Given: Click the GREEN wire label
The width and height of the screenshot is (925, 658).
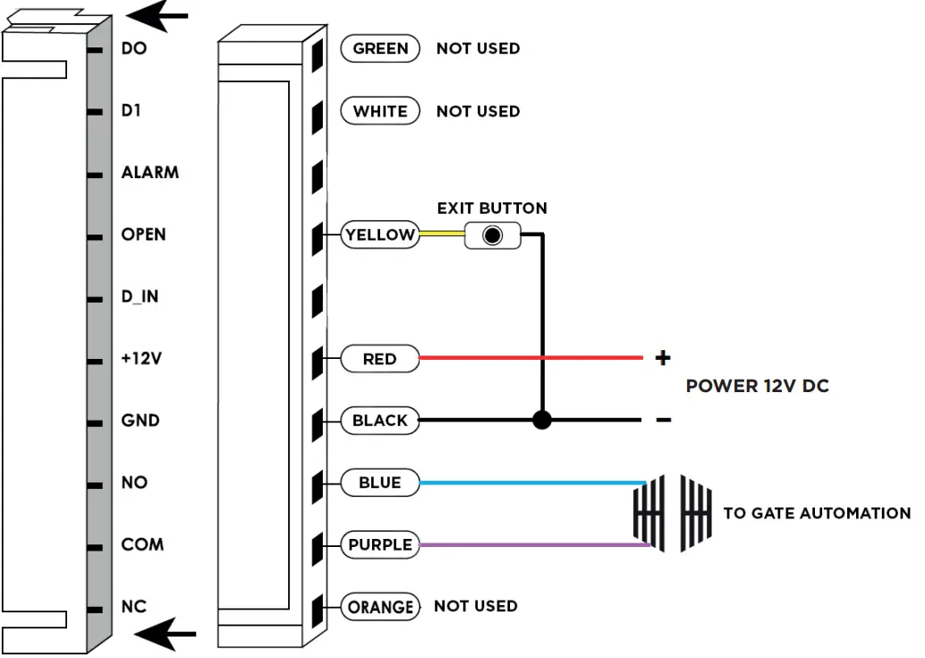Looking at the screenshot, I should coord(380,49).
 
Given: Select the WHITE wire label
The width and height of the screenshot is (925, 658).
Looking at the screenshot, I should coord(380,112).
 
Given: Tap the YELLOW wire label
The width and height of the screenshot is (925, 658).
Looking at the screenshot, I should coord(380,235).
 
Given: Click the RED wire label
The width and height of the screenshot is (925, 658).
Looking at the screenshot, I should coord(380,359).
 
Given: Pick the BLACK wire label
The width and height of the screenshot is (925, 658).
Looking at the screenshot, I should coord(380,421).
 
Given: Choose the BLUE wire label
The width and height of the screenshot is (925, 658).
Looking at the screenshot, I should coord(380,483).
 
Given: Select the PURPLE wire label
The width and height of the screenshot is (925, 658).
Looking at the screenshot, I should coord(380,544).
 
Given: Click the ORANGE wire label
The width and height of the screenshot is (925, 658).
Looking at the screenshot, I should coord(380,607).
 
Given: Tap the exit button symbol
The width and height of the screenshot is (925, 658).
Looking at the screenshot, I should coord(491,236).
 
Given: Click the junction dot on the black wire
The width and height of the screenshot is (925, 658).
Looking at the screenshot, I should coord(541,420).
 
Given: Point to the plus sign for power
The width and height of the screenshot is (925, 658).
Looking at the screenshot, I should coord(662,359).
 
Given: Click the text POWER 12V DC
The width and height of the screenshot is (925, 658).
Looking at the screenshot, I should coord(757,387).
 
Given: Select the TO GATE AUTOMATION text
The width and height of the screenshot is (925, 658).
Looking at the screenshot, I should coord(816,514).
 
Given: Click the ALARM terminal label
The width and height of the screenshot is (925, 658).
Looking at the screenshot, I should coord(149,173).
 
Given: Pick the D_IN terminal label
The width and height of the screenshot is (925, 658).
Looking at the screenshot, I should coord(140,296).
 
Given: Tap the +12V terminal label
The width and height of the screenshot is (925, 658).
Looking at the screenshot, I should coord(141,359).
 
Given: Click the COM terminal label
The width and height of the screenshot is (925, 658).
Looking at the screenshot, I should coord(142,544).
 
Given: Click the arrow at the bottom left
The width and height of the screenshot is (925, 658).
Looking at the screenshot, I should coord(165,635).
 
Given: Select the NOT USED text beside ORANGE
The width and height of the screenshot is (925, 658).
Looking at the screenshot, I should coord(475,606).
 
